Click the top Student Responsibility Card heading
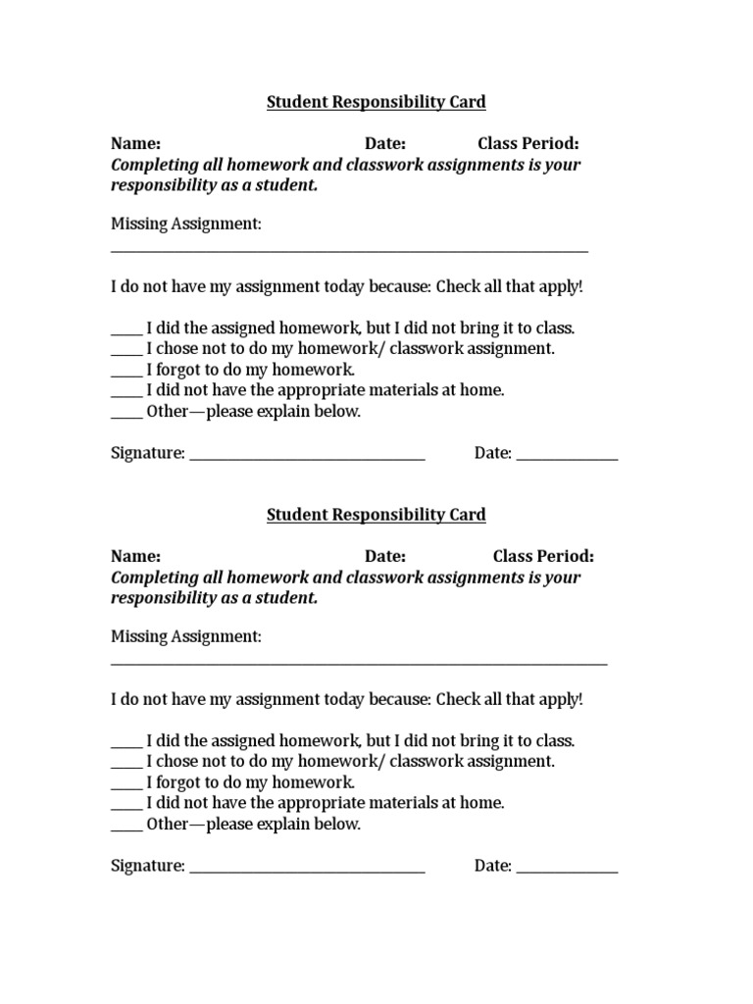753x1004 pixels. (x=376, y=102)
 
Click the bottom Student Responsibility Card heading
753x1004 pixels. (x=376, y=515)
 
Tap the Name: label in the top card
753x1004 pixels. (x=135, y=144)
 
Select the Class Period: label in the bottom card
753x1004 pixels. (x=543, y=557)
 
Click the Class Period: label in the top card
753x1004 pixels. (x=527, y=144)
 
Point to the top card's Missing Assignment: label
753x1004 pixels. (x=186, y=225)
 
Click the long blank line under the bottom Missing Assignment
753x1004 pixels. (x=359, y=665)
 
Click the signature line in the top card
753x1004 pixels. (x=307, y=459)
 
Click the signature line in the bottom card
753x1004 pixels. (x=307, y=872)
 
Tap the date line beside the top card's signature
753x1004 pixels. (x=567, y=459)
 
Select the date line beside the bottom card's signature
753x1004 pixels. (x=567, y=872)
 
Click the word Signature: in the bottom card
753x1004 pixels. (x=148, y=866)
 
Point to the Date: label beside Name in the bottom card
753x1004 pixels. (x=385, y=557)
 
